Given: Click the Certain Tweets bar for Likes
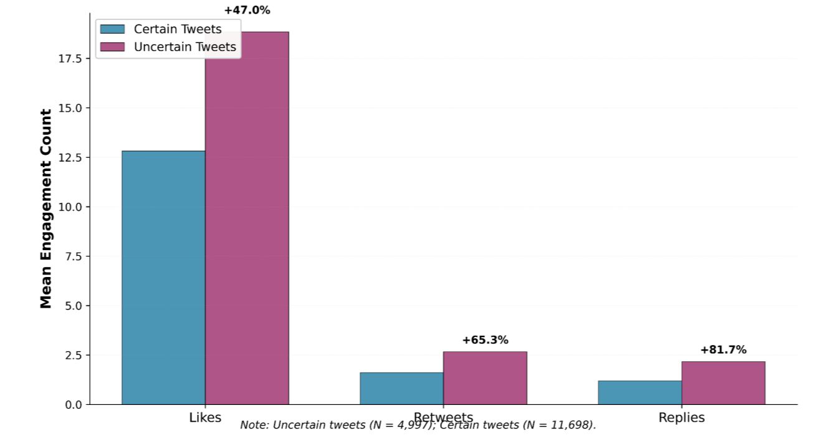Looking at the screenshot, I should coord(163,278).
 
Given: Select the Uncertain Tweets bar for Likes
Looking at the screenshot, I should coord(247,218).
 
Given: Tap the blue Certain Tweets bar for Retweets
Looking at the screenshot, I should coord(401,388).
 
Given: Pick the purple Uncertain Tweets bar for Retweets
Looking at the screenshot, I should coord(485,378).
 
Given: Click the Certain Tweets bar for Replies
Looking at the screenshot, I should coord(640,392).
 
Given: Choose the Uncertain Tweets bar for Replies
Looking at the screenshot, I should coord(723,383).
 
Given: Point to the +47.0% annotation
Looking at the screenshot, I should coord(247,10).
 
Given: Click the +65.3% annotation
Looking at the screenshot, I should coord(485,340).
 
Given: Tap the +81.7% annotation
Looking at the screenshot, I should coord(723,350).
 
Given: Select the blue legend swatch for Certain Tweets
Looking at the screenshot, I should coord(112,29).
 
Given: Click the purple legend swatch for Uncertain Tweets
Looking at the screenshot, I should coord(112,47).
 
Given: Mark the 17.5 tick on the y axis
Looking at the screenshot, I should coord(69,59).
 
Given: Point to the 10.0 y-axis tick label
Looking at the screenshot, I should coord(69,207).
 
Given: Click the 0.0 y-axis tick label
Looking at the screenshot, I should coord(73,405).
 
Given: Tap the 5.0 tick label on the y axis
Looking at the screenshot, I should coord(73,306).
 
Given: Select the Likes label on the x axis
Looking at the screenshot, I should coord(205,417).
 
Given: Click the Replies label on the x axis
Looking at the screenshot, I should coord(681,417).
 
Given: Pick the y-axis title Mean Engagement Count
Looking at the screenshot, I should coord(46,208).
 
